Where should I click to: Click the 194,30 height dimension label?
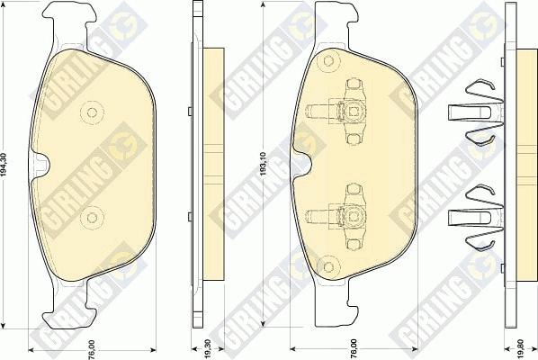[4, 165]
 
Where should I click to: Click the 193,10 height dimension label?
[264, 164]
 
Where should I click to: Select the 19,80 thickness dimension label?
[521, 349]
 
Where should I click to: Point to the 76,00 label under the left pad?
[91, 350]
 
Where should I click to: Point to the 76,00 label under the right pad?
[354, 349]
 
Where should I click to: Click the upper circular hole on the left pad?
[92, 112]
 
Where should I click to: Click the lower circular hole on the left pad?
[92, 217]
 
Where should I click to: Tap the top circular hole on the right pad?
[328, 61]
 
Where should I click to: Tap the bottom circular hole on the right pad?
[328, 266]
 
